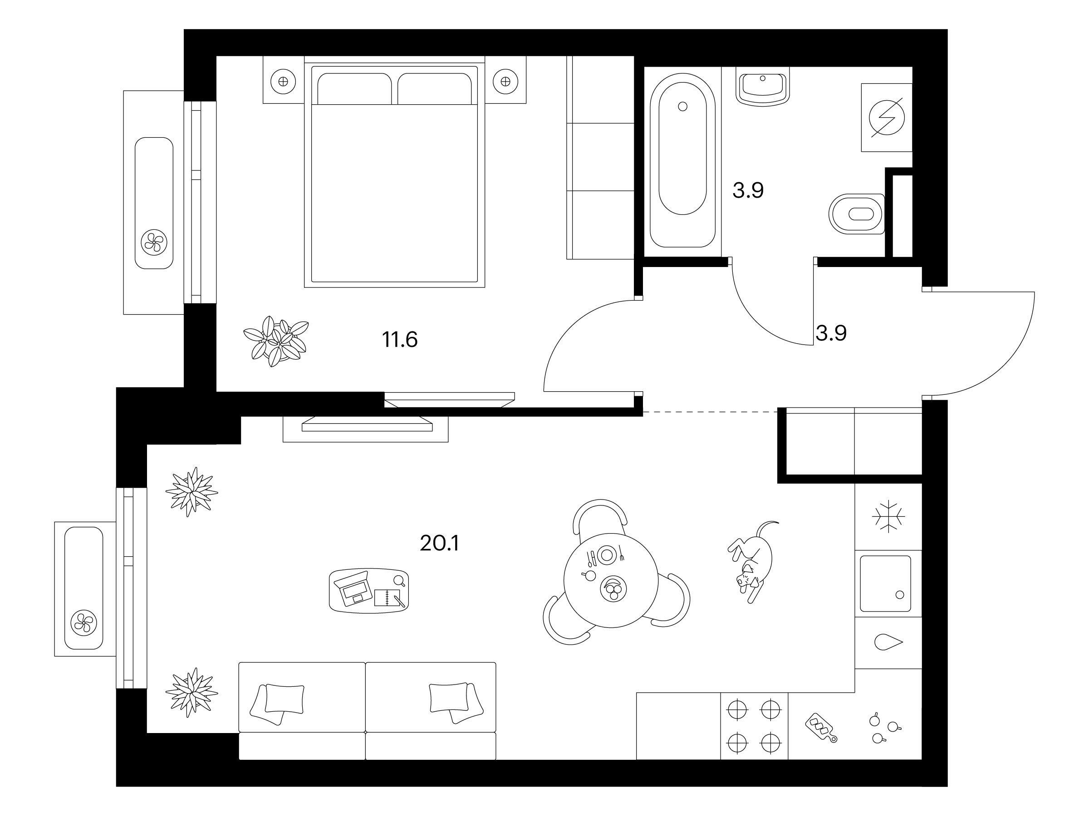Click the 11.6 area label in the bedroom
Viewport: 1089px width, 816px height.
(x=400, y=340)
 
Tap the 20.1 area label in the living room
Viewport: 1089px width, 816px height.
(x=439, y=544)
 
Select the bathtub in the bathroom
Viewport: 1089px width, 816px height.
(x=682, y=160)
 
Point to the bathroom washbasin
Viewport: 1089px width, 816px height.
(x=763, y=87)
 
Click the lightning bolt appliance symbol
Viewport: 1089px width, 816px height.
(x=887, y=117)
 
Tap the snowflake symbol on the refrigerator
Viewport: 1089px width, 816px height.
(x=888, y=517)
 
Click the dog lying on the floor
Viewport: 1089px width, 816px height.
(x=752, y=562)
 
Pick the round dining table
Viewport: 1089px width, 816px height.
(x=611, y=580)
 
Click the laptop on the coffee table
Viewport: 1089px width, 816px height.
(x=351, y=588)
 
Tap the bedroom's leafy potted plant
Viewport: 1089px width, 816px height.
(x=276, y=341)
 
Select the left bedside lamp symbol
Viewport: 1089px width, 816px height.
(x=283, y=82)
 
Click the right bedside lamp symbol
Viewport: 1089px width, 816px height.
(x=505, y=81)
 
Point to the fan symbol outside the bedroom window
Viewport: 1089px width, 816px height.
(x=154, y=243)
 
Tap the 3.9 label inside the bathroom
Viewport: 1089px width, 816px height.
(x=748, y=190)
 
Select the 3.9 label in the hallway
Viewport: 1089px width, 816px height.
(x=831, y=334)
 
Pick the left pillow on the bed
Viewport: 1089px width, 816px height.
(x=354, y=88)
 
